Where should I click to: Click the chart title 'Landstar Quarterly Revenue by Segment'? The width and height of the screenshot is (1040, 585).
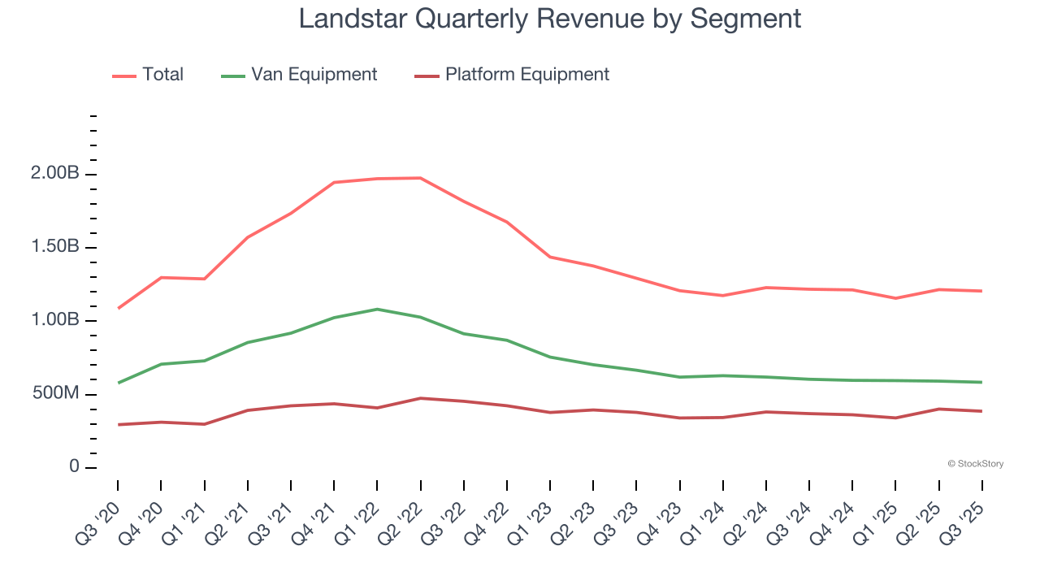tap(550, 18)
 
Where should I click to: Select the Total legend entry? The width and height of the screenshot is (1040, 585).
tap(162, 75)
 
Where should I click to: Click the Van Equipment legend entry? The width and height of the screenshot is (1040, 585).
tap(314, 75)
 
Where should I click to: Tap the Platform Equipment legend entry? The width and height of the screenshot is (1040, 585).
tap(526, 75)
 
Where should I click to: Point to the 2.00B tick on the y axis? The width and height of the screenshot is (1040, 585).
tap(55, 174)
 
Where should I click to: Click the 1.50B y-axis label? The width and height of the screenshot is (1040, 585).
tap(55, 247)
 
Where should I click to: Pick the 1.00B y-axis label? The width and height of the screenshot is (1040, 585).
tap(55, 320)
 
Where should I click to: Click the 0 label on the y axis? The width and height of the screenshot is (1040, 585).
tap(74, 467)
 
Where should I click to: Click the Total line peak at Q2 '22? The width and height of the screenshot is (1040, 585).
tap(420, 178)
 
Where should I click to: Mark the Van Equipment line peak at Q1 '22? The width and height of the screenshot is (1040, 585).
tap(377, 309)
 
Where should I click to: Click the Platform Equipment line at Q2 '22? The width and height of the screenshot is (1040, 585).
tap(420, 398)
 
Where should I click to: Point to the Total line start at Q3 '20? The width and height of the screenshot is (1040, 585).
tap(118, 309)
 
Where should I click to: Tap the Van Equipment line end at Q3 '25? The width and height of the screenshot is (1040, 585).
tap(982, 382)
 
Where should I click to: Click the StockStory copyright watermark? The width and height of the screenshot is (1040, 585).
tap(975, 464)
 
